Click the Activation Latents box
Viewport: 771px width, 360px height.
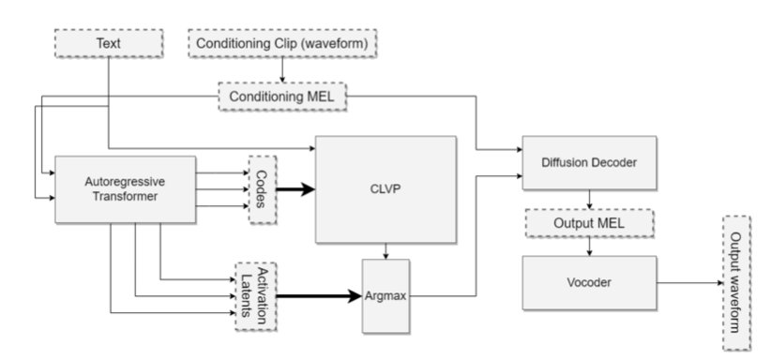(x=258, y=294)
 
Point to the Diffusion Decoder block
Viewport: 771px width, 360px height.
(x=588, y=162)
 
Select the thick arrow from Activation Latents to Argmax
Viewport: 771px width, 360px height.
(x=319, y=296)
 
